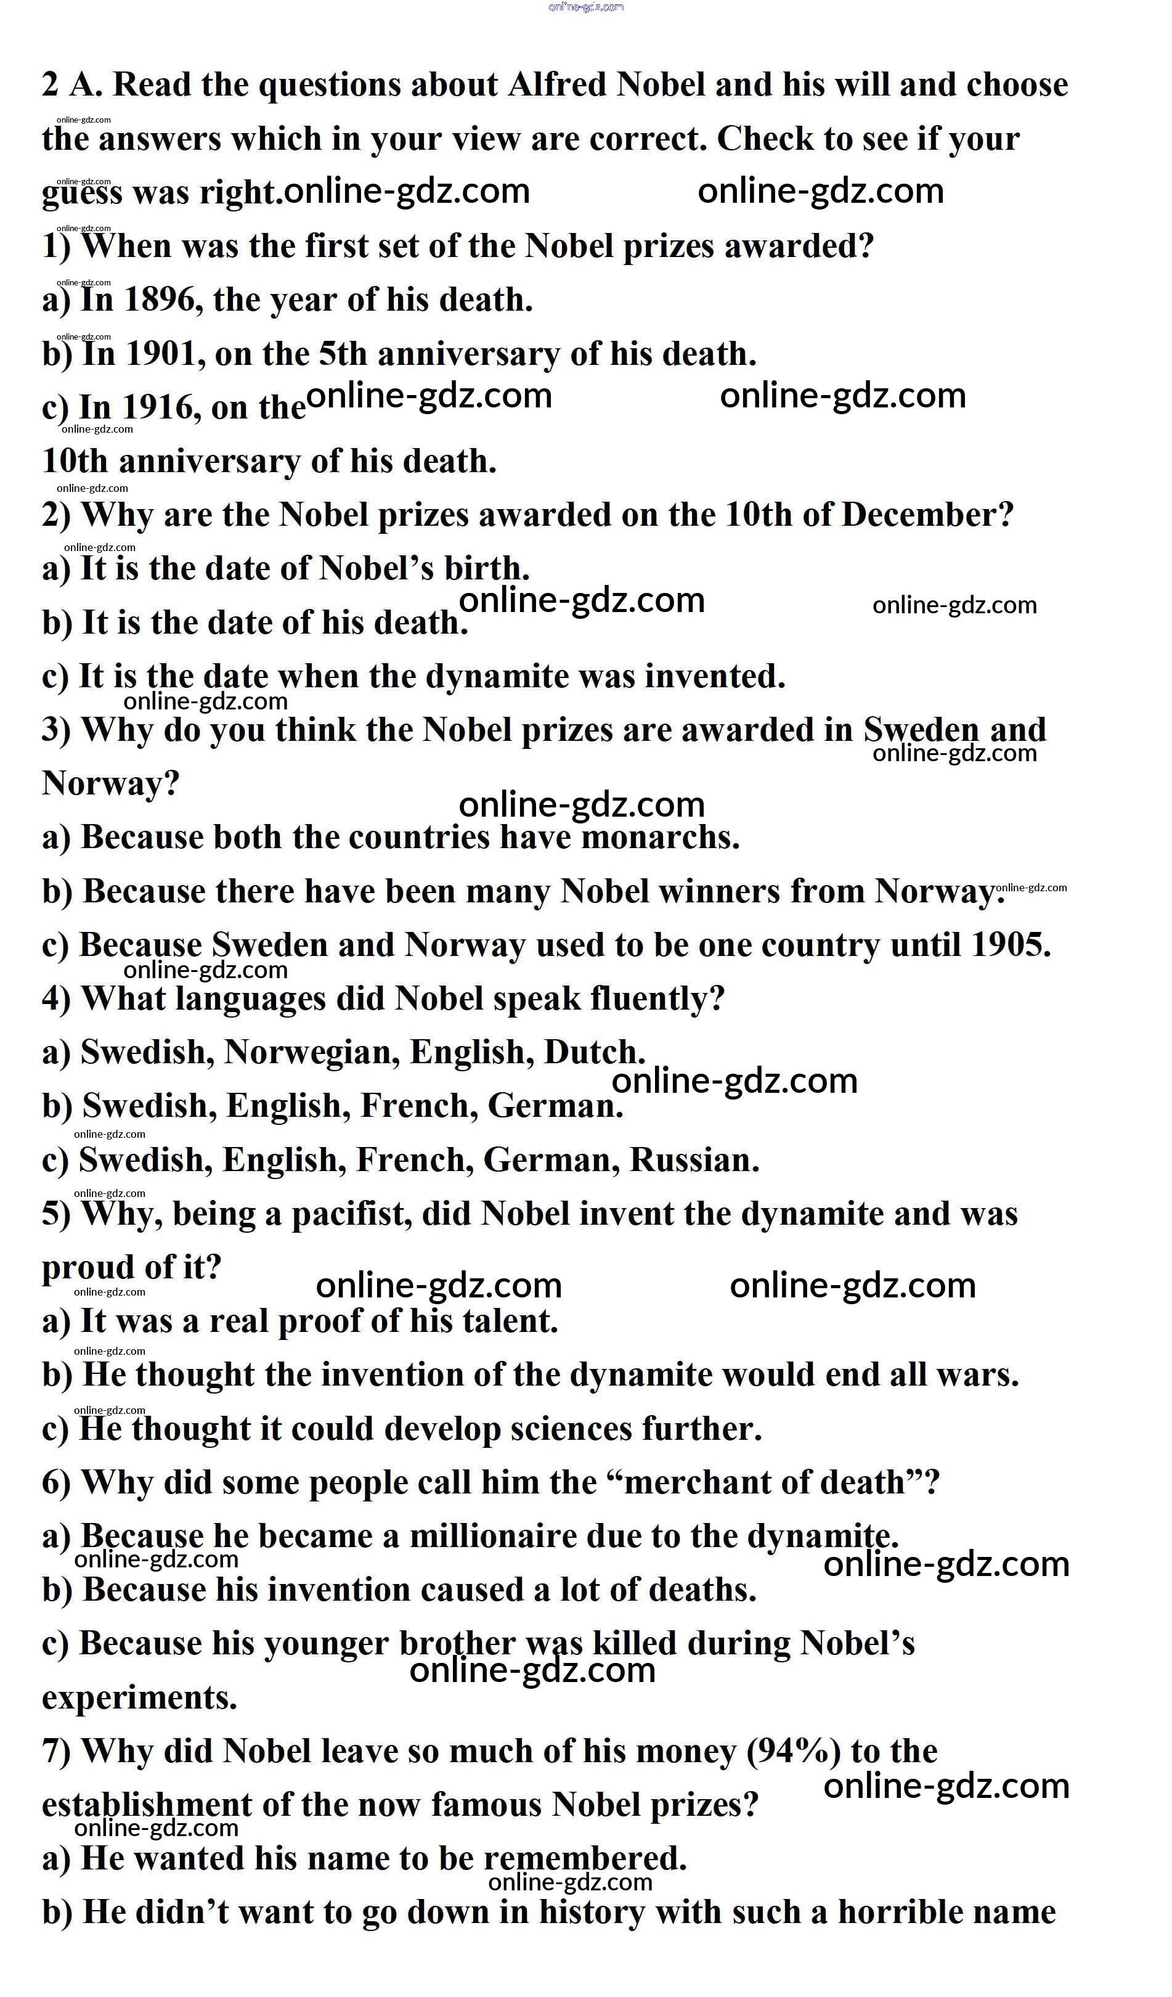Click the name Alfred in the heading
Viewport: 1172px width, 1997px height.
tap(557, 85)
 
